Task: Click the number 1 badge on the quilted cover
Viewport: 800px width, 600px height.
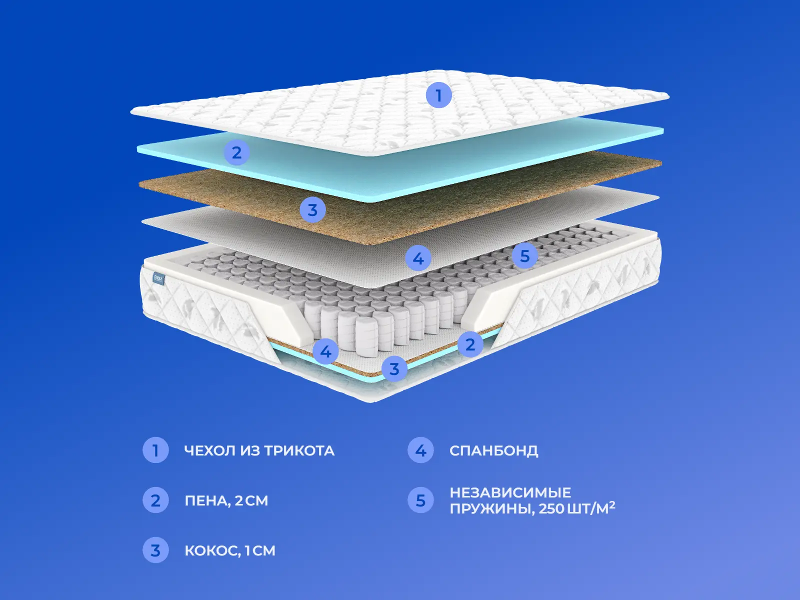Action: tap(439, 95)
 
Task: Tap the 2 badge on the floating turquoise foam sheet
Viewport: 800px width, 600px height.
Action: tap(237, 152)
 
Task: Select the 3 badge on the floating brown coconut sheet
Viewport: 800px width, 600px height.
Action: tap(312, 210)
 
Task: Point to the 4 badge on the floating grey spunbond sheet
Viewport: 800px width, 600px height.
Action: tap(418, 258)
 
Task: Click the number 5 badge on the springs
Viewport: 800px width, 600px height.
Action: tap(525, 255)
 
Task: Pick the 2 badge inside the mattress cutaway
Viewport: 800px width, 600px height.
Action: tap(470, 344)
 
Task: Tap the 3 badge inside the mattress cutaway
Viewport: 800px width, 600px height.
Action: tap(394, 368)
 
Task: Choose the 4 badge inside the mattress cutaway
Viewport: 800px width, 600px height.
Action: tap(326, 351)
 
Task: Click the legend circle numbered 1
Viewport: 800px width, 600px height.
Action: tap(155, 450)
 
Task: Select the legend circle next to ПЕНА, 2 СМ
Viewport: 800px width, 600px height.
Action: tap(155, 500)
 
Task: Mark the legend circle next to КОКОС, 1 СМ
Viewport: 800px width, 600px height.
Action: tap(155, 550)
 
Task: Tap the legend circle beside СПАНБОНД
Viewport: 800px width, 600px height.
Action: tap(420, 450)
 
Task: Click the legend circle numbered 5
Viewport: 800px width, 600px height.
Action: tap(420, 500)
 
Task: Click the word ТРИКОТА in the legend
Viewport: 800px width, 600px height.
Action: tap(299, 451)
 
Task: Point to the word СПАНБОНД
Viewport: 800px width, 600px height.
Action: tap(494, 451)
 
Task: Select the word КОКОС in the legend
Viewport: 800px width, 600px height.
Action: tap(211, 551)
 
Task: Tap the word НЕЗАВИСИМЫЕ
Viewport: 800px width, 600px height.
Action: tap(510, 492)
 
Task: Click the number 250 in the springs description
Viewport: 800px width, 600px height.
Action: tap(551, 509)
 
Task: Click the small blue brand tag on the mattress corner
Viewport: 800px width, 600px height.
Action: tap(159, 278)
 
